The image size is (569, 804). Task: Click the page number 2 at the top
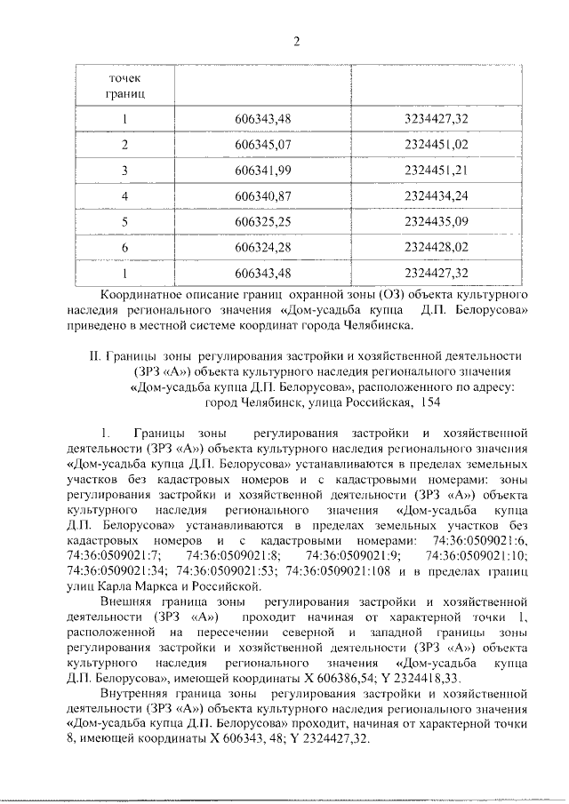[297, 39]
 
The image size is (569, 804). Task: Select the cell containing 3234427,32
[435, 118]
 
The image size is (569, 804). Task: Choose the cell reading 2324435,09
[435, 221]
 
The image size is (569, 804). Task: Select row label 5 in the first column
[125, 221]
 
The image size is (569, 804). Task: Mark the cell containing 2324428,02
[435, 247]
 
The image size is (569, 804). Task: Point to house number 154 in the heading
[426, 402]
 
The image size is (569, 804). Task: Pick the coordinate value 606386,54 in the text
[334, 677]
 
